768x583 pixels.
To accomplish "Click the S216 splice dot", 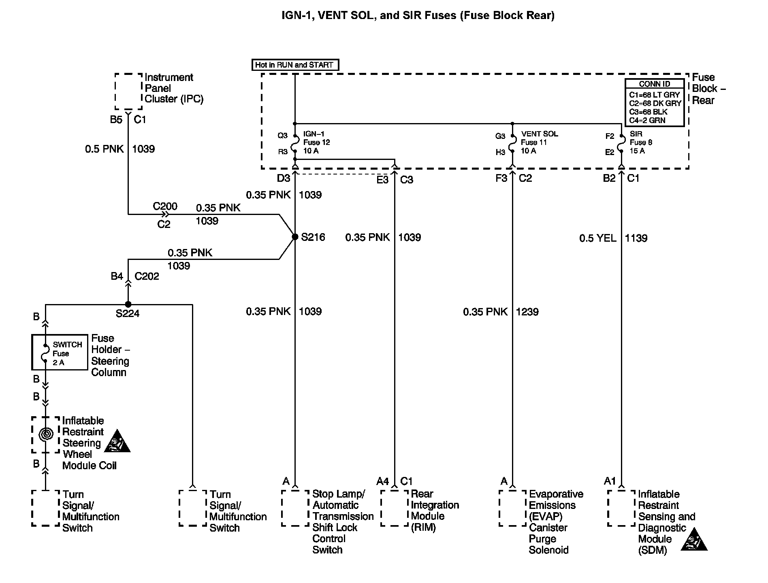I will click(x=295, y=237).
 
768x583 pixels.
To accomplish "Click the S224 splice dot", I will click(x=128, y=304).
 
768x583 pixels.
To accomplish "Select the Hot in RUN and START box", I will click(x=295, y=65).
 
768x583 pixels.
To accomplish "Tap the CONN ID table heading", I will click(x=655, y=84).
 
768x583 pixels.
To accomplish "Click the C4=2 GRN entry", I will click(x=647, y=120).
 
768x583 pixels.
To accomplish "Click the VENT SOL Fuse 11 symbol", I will click(x=512, y=143).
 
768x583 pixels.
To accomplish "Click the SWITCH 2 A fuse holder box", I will click(x=60, y=352).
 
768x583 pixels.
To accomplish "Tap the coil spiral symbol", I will click(x=46, y=435).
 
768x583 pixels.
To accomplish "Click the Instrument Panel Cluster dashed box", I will click(x=128, y=91).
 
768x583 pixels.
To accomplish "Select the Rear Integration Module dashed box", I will click(x=394, y=508).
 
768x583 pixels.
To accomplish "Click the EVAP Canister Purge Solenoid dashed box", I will click(x=512, y=508).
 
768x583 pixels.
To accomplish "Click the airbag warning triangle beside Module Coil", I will click(x=117, y=442).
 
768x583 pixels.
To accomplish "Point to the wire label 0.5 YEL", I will click(x=598, y=238).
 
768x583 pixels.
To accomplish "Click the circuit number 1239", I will click(x=527, y=312).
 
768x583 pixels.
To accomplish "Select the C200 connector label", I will click(x=165, y=206).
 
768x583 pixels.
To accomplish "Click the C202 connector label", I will click(x=147, y=276).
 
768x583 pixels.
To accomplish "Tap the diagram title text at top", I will click(x=418, y=16).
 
